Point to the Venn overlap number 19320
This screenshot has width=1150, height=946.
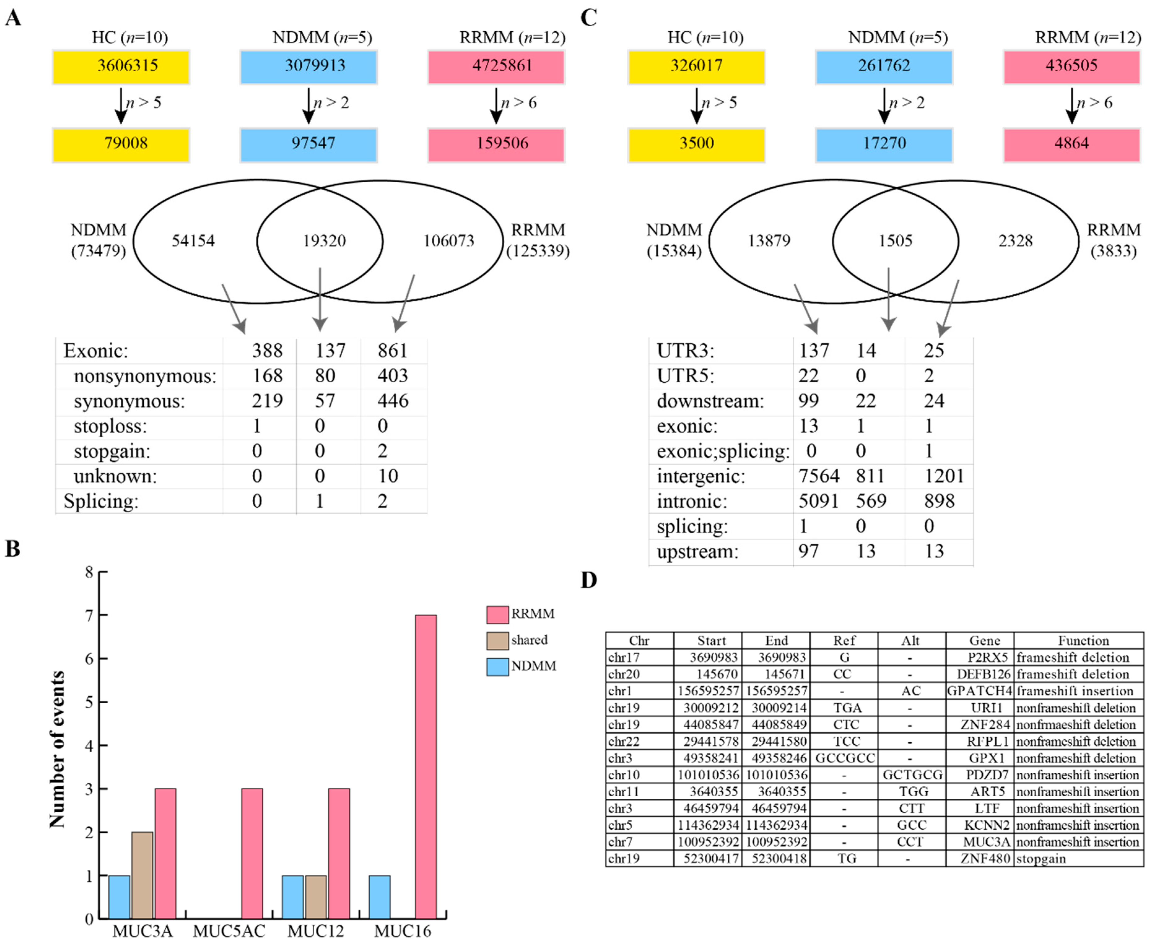pos(324,241)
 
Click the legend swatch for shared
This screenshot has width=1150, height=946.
pos(497,640)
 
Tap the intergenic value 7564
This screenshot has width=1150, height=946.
pos(819,476)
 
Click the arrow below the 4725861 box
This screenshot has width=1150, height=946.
pos(496,106)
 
